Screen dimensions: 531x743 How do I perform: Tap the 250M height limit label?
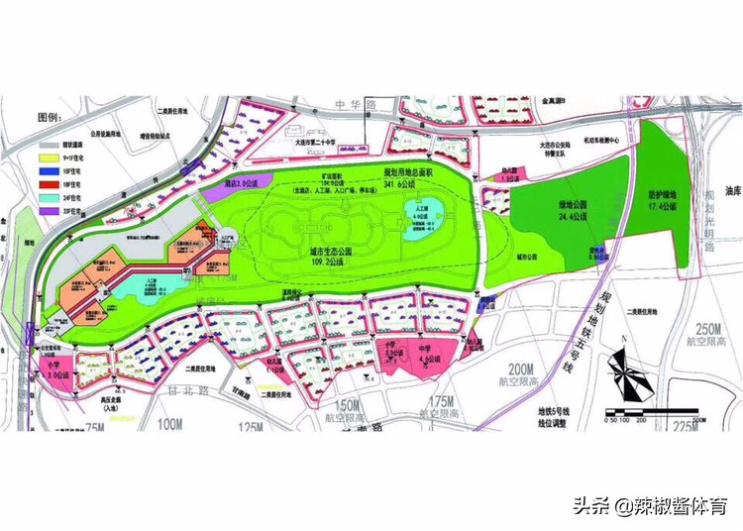point(710,330)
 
